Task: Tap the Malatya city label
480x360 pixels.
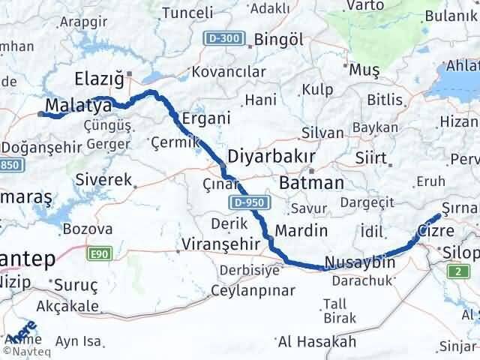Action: coord(79,104)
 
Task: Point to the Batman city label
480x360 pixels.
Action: coord(310,182)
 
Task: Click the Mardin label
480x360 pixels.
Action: coord(301,229)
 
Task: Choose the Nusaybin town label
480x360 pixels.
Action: coord(359,263)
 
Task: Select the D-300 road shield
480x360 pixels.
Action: coord(223,37)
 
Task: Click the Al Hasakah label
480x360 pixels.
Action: coord(316,341)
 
